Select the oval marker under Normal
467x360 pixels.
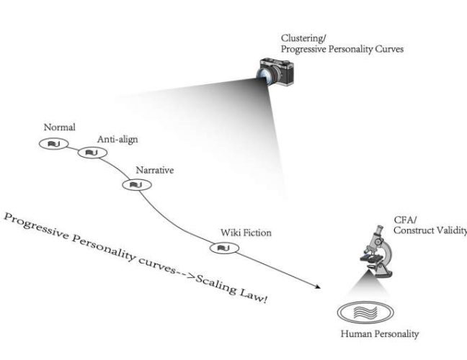pyautogui.click(x=52, y=145)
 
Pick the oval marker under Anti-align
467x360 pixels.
pyautogui.click(x=92, y=153)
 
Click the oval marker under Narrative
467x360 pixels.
pyautogui.click(x=134, y=185)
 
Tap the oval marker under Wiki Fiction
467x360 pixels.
pyautogui.click(x=222, y=248)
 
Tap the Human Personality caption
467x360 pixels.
pyautogui.click(x=380, y=333)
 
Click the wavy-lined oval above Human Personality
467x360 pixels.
pyautogui.click(x=367, y=312)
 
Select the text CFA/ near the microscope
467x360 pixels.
pyautogui.click(x=403, y=219)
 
